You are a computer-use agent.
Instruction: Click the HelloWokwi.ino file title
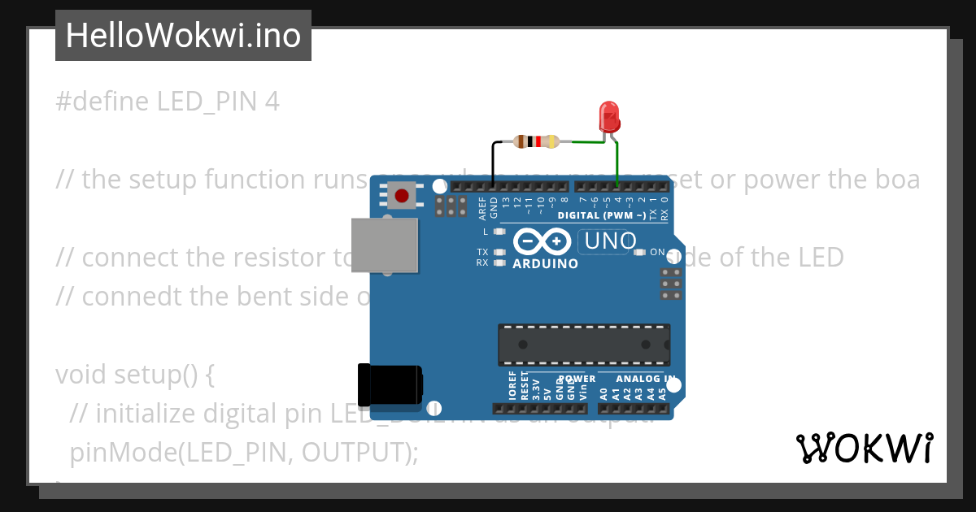click(183, 36)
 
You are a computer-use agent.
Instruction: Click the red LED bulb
click(609, 117)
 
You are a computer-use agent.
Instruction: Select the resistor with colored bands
click(536, 141)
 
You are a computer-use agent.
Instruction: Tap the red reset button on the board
click(400, 195)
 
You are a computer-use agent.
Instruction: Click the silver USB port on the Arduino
click(385, 245)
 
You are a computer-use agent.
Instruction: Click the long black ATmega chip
click(584, 344)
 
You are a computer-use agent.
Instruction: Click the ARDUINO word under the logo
click(546, 264)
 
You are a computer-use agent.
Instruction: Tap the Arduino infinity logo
click(542, 241)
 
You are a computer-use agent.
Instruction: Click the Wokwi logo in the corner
click(864, 448)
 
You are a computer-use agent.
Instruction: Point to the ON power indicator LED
click(640, 252)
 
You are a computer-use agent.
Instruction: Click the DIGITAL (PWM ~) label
click(602, 215)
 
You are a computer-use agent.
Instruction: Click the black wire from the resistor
click(493, 163)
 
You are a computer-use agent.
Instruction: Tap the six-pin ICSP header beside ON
click(671, 284)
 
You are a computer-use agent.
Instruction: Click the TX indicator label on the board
click(483, 252)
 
